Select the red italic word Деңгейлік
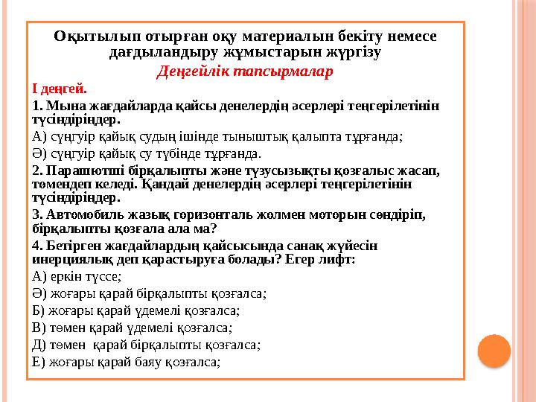point(194,71)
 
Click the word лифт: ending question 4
point(339,260)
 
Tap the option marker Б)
point(40,310)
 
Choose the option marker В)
point(40,328)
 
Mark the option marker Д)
point(40,345)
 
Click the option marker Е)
point(40,363)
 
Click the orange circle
point(493,351)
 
